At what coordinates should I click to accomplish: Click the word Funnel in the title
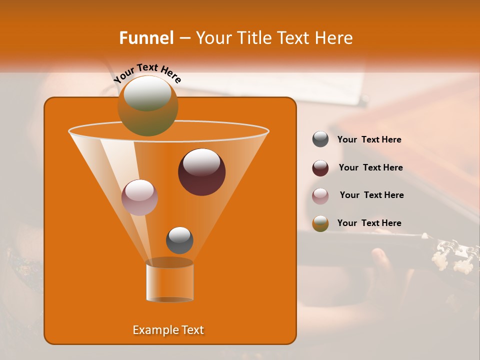[x=146, y=38]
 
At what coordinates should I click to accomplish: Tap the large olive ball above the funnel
[x=148, y=105]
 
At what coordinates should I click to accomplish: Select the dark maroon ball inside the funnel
[x=201, y=172]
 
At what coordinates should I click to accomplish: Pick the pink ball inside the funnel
[x=139, y=197]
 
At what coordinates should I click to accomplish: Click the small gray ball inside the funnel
[x=179, y=240]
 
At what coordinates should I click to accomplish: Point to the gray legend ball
[x=320, y=139]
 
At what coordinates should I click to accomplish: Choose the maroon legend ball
[x=320, y=168]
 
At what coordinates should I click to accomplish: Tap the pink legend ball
[x=320, y=196]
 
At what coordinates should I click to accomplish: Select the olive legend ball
[x=320, y=223]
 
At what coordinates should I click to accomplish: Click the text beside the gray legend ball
[x=369, y=139]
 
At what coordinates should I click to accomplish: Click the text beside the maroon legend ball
[x=370, y=167]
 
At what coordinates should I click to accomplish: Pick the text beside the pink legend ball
[x=371, y=195]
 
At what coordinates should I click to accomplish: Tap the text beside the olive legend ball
[x=369, y=223]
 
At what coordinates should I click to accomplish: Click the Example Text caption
[x=168, y=330]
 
